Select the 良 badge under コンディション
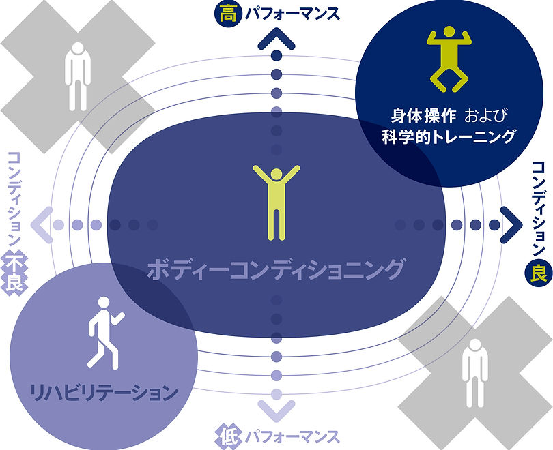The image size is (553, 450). (x=539, y=273)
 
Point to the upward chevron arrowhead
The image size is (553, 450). (x=276, y=39)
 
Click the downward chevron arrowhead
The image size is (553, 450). (x=276, y=410)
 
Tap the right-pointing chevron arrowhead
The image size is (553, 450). (x=511, y=224)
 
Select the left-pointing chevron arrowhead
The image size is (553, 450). (x=42, y=224)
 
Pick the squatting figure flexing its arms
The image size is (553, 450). (x=449, y=59)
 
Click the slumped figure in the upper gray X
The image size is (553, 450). (x=78, y=76)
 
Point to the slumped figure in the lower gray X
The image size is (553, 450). (x=474, y=373)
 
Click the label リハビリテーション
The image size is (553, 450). (x=104, y=393)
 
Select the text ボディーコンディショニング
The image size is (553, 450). (x=276, y=269)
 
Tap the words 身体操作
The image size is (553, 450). (x=423, y=115)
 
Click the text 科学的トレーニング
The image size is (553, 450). (x=449, y=136)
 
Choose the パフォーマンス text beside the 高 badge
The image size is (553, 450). (x=292, y=14)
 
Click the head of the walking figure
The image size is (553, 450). (x=104, y=303)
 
